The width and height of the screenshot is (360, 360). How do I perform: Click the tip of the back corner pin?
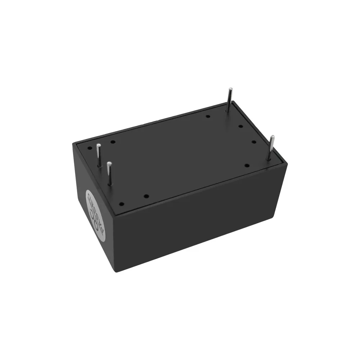point(230,89)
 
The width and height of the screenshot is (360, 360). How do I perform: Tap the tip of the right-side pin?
point(273,137)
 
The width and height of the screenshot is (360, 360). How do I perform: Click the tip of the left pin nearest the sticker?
point(109,164)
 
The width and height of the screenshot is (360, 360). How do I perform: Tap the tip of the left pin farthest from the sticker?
point(98,145)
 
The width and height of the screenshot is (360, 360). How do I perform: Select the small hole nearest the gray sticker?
point(122,204)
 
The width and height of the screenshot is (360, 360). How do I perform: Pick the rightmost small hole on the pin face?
point(254,142)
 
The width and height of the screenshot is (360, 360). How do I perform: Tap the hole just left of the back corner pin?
point(207,116)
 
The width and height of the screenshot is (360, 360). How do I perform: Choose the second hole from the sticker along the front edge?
point(146,196)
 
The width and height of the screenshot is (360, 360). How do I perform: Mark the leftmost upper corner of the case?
point(73,143)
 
